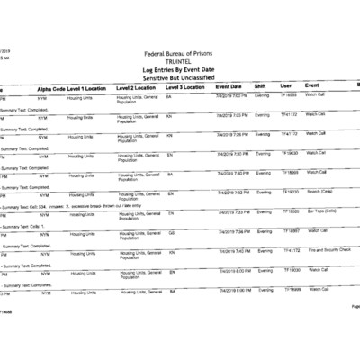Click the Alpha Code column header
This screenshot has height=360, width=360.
51,88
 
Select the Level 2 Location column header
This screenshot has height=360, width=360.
140,88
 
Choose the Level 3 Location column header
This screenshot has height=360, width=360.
188,87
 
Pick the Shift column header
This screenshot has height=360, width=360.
260,86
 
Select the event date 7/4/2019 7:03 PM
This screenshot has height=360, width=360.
232,114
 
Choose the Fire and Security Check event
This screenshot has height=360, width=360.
329,249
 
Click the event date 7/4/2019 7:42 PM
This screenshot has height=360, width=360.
232,250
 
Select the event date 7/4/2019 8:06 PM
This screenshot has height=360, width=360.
232,289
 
